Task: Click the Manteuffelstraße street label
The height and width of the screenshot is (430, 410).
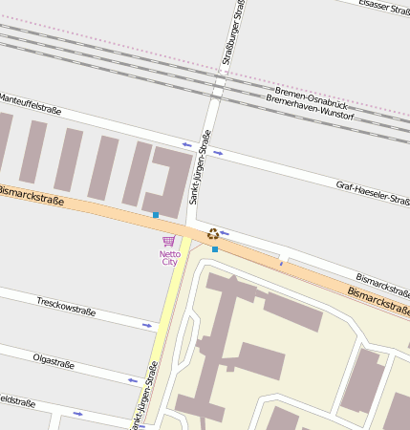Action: tap(24, 102)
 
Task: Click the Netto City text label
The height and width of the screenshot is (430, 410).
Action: tap(169, 257)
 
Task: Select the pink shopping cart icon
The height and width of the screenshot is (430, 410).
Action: tap(169, 241)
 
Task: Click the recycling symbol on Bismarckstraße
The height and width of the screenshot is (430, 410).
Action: tap(213, 233)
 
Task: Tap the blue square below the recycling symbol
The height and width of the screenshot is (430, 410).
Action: tap(215, 249)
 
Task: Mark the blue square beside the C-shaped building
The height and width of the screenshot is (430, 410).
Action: tap(156, 215)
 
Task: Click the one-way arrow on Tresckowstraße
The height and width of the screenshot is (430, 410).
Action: tap(146, 326)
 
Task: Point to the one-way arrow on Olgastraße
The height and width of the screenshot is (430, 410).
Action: tap(132, 380)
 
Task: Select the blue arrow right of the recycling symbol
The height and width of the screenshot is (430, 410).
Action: tap(225, 232)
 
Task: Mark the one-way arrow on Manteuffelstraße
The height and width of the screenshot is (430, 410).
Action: tap(186, 145)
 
